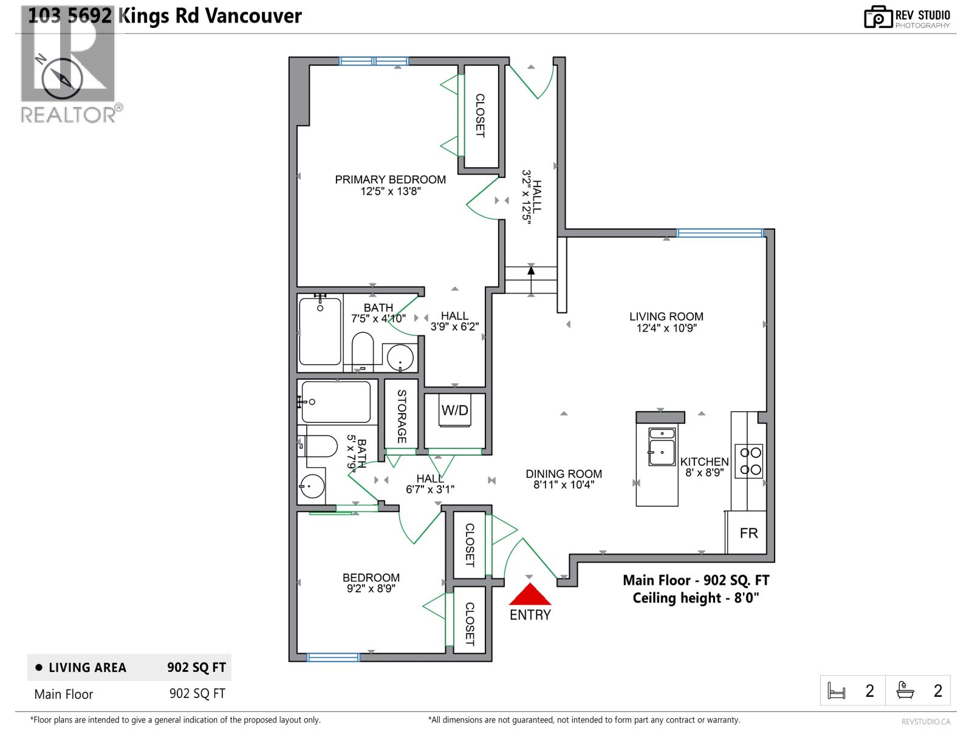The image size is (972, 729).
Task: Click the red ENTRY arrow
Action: (x=530, y=594)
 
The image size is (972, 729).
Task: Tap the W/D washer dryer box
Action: (x=454, y=411)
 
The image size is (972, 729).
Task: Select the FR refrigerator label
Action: (x=748, y=533)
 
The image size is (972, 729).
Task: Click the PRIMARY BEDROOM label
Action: (x=390, y=180)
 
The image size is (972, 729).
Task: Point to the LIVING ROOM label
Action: (x=666, y=317)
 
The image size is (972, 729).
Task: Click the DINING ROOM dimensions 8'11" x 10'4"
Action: (x=563, y=485)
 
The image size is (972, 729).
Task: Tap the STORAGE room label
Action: (x=402, y=416)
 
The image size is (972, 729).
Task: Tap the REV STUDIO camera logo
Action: (x=877, y=17)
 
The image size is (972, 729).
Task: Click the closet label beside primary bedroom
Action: (x=480, y=115)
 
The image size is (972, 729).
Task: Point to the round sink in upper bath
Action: (x=400, y=358)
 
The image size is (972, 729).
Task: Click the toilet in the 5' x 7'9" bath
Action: (x=319, y=447)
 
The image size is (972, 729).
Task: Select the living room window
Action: (x=720, y=233)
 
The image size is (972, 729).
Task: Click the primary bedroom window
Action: (x=374, y=61)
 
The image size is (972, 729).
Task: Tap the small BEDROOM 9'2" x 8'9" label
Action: (x=371, y=578)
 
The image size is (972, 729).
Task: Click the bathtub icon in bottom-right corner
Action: (x=905, y=691)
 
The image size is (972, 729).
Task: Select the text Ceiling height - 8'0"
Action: (x=696, y=598)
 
